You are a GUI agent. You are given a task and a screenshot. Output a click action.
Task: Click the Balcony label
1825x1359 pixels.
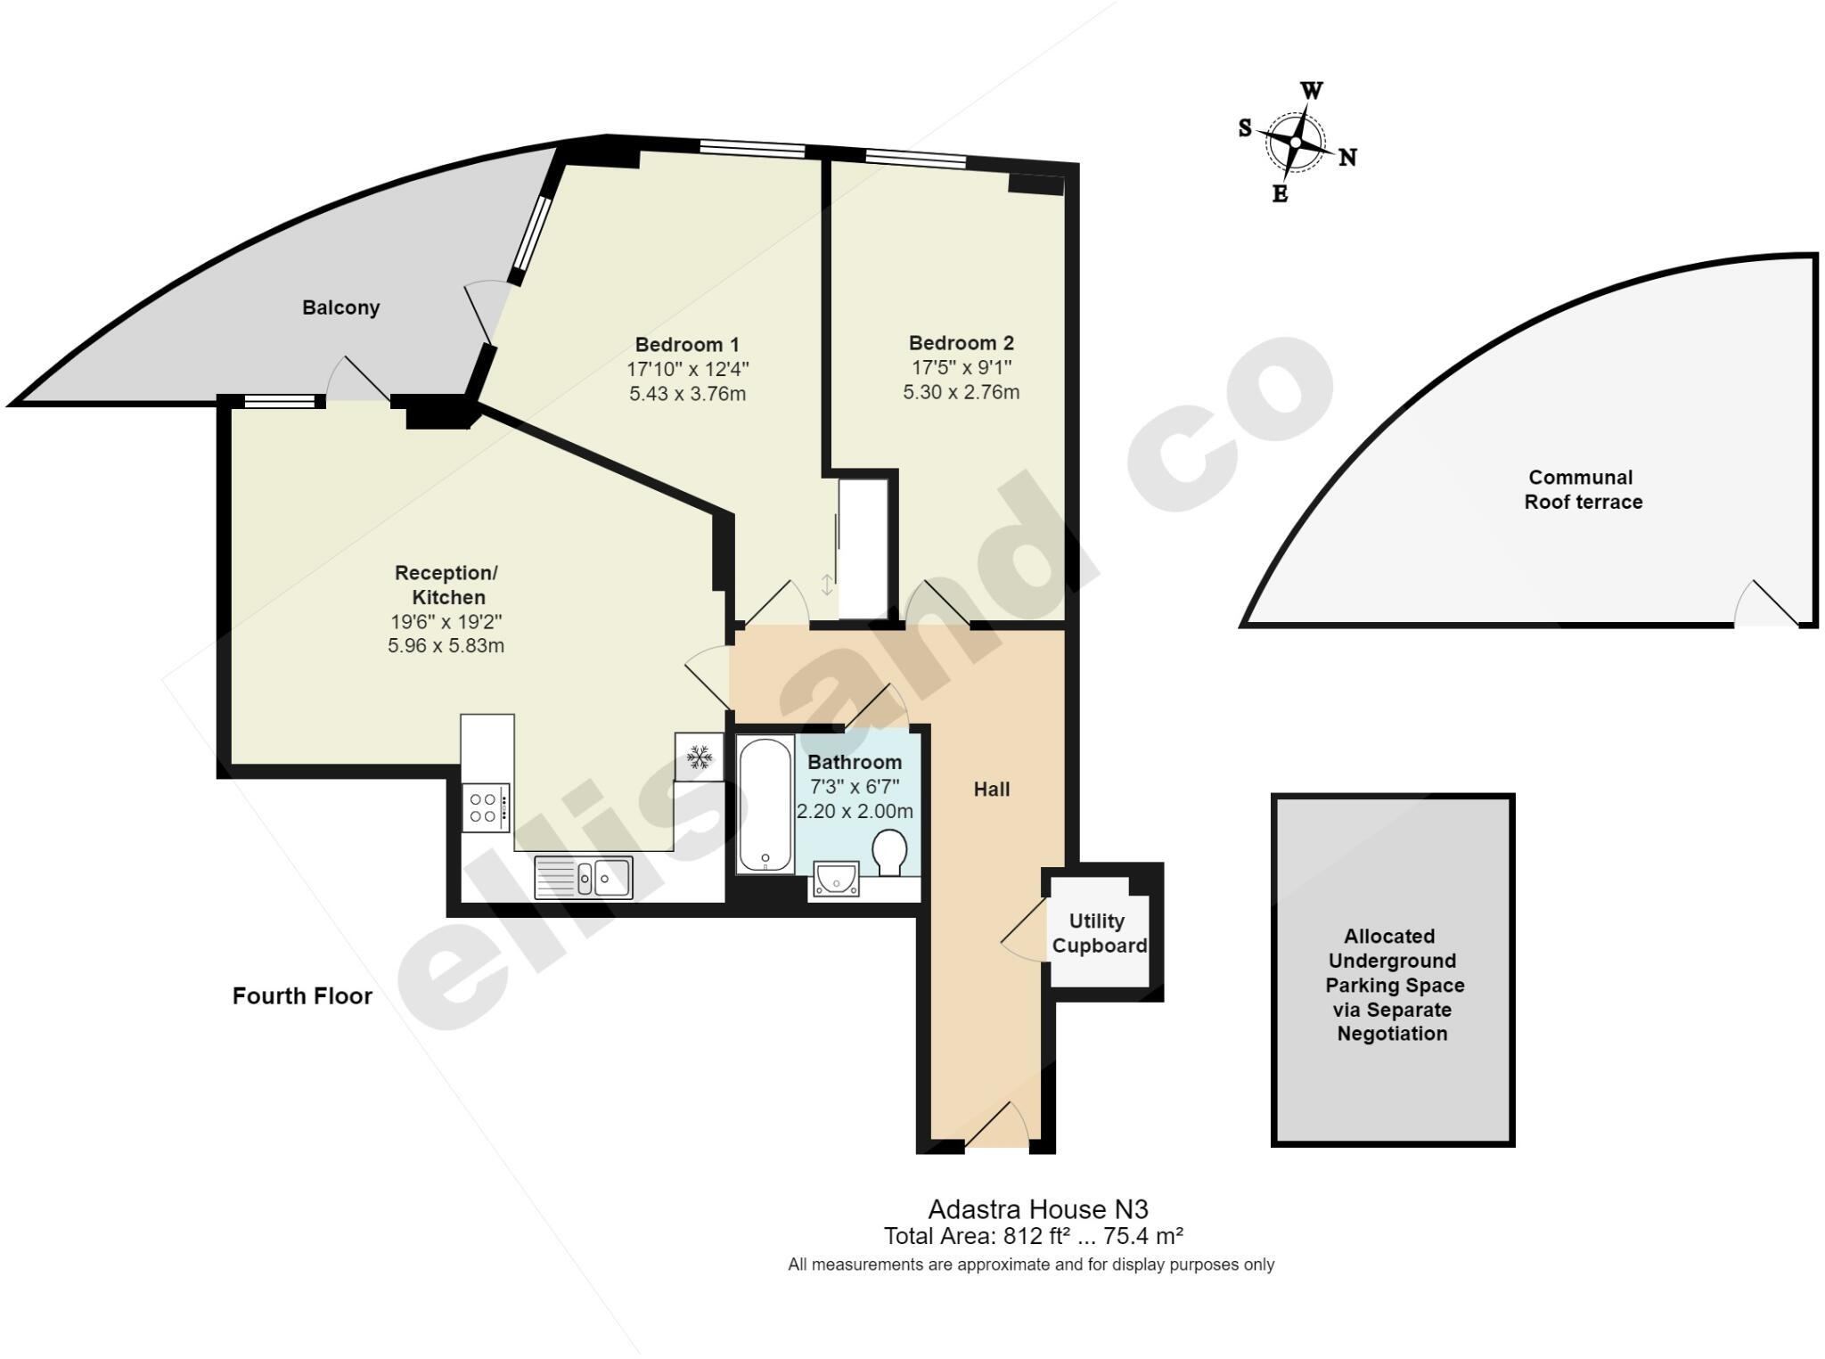[x=340, y=307]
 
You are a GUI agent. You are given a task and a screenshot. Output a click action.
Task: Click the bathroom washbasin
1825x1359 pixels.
[x=836, y=878]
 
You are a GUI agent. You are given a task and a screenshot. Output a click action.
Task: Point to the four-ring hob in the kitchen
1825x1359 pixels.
[x=486, y=807]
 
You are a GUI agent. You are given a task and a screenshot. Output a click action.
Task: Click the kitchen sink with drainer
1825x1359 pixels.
[x=584, y=877]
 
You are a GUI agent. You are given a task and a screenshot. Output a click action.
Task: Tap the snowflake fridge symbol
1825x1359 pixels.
[x=699, y=757]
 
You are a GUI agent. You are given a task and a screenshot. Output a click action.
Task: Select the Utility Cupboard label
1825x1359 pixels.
[x=1099, y=933]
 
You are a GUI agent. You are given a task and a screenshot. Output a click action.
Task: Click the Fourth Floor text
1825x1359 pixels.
[x=302, y=995]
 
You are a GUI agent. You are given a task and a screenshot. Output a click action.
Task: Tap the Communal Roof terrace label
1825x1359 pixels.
[x=1583, y=489]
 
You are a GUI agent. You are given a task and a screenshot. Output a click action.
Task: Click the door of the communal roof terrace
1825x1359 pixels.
[x=1765, y=606]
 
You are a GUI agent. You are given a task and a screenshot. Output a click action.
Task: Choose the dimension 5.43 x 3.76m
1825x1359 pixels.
[x=687, y=394]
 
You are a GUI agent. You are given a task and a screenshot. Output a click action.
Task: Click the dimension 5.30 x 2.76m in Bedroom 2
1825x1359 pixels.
[x=961, y=392]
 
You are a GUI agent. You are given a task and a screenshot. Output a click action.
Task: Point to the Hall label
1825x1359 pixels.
[x=991, y=789]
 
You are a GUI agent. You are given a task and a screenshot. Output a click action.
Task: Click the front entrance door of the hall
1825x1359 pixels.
[x=997, y=1128]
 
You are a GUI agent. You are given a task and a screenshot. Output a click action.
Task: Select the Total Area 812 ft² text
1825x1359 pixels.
[x=1033, y=1236]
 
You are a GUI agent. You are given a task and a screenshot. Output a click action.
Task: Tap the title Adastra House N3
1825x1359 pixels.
[x=1037, y=1209]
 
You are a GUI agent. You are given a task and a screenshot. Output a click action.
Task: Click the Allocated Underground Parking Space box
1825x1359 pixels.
[x=1393, y=970]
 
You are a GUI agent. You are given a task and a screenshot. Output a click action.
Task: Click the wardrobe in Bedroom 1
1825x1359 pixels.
[x=863, y=548]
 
